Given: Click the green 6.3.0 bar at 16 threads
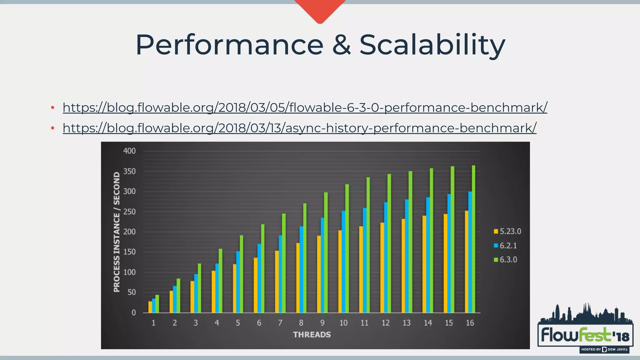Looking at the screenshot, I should click(473, 239).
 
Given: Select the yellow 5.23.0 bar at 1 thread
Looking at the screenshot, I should click(150, 307).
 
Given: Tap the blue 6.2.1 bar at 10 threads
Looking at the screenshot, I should click(343, 262).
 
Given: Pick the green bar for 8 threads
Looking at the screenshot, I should click(305, 258).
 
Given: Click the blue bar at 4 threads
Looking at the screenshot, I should click(217, 288).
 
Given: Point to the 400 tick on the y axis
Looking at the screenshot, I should click(129, 151).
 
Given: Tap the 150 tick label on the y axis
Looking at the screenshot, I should click(129, 252).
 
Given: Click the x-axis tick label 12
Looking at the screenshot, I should click(385, 323).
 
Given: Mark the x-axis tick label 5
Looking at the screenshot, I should click(238, 323).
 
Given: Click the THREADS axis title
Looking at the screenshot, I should click(312, 335).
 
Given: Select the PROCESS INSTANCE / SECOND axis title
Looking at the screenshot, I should click(117, 232).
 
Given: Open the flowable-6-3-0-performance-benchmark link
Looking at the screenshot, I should click(305, 107).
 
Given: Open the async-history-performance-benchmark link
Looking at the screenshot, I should click(299, 128).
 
